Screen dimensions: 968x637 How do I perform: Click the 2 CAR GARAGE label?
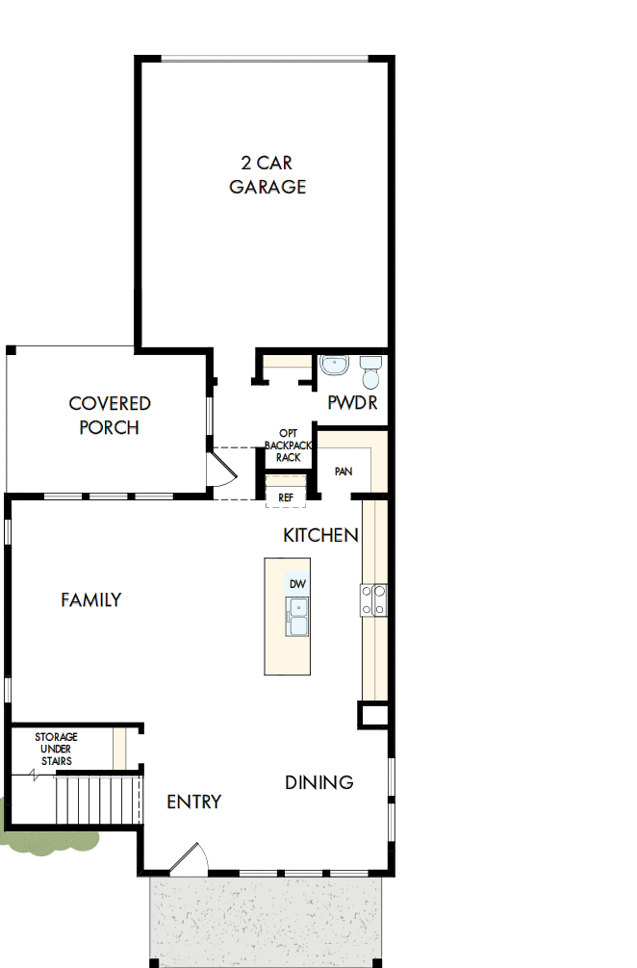tap(268, 174)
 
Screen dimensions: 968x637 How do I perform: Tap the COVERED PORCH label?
tap(110, 416)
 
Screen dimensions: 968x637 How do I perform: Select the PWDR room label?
tap(352, 402)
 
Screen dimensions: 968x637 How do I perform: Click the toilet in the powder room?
tap(370, 369)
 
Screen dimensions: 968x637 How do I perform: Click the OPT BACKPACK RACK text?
tap(289, 446)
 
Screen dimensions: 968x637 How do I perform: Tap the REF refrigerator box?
tap(286, 497)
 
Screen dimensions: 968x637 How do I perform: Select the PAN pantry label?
tap(344, 471)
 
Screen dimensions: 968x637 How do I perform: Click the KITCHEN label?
tap(320, 535)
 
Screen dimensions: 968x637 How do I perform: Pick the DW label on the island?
tap(297, 584)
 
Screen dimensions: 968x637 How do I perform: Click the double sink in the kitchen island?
tap(297, 616)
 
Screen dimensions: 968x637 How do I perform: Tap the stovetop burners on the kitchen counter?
tap(373, 600)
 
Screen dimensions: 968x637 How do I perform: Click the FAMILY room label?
tap(91, 599)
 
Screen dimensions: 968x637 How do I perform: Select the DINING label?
tap(318, 782)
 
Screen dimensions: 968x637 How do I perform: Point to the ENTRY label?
tap(193, 802)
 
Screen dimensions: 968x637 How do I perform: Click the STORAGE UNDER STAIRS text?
tap(56, 749)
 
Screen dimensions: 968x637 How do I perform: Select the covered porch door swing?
tap(220, 471)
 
